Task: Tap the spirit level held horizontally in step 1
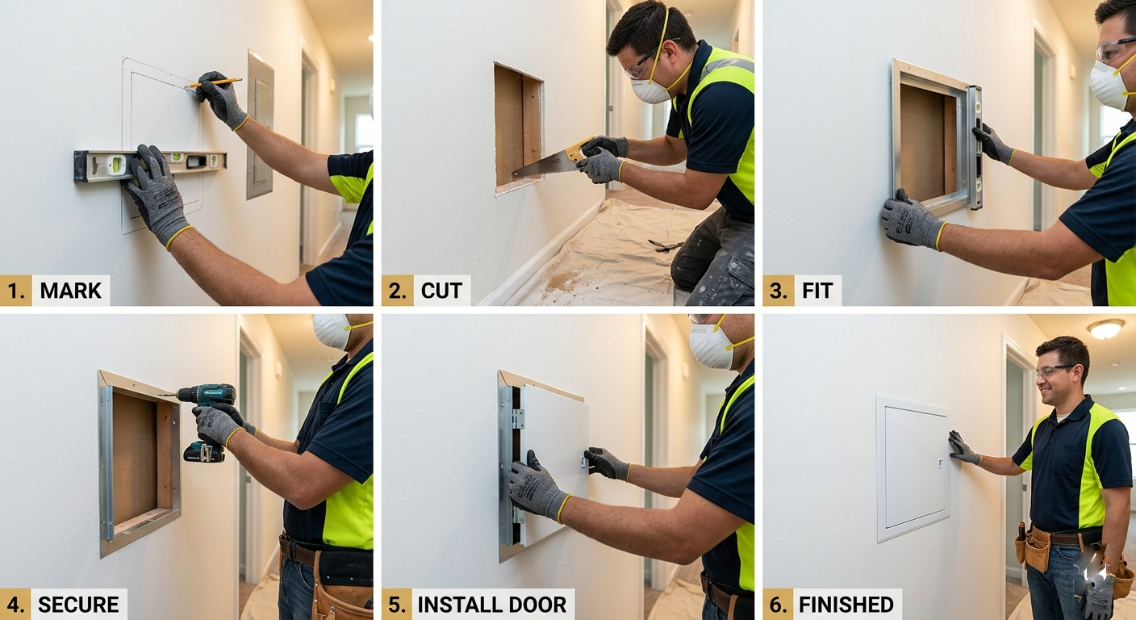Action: (150, 165)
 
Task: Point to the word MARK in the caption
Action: (70, 291)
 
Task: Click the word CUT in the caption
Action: (441, 291)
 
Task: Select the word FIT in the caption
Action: (817, 291)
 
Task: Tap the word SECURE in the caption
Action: (78, 605)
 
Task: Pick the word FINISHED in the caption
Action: (846, 605)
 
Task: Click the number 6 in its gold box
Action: (778, 605)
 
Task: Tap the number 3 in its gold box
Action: (778, 291)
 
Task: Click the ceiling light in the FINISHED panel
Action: (1106, 329)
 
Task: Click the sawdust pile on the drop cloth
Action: (563, 281)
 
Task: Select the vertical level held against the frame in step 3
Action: (975, 147)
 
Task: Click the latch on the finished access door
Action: (941, 463)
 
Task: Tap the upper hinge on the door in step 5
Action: (518, 419)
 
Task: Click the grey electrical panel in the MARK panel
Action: (261, 124)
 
